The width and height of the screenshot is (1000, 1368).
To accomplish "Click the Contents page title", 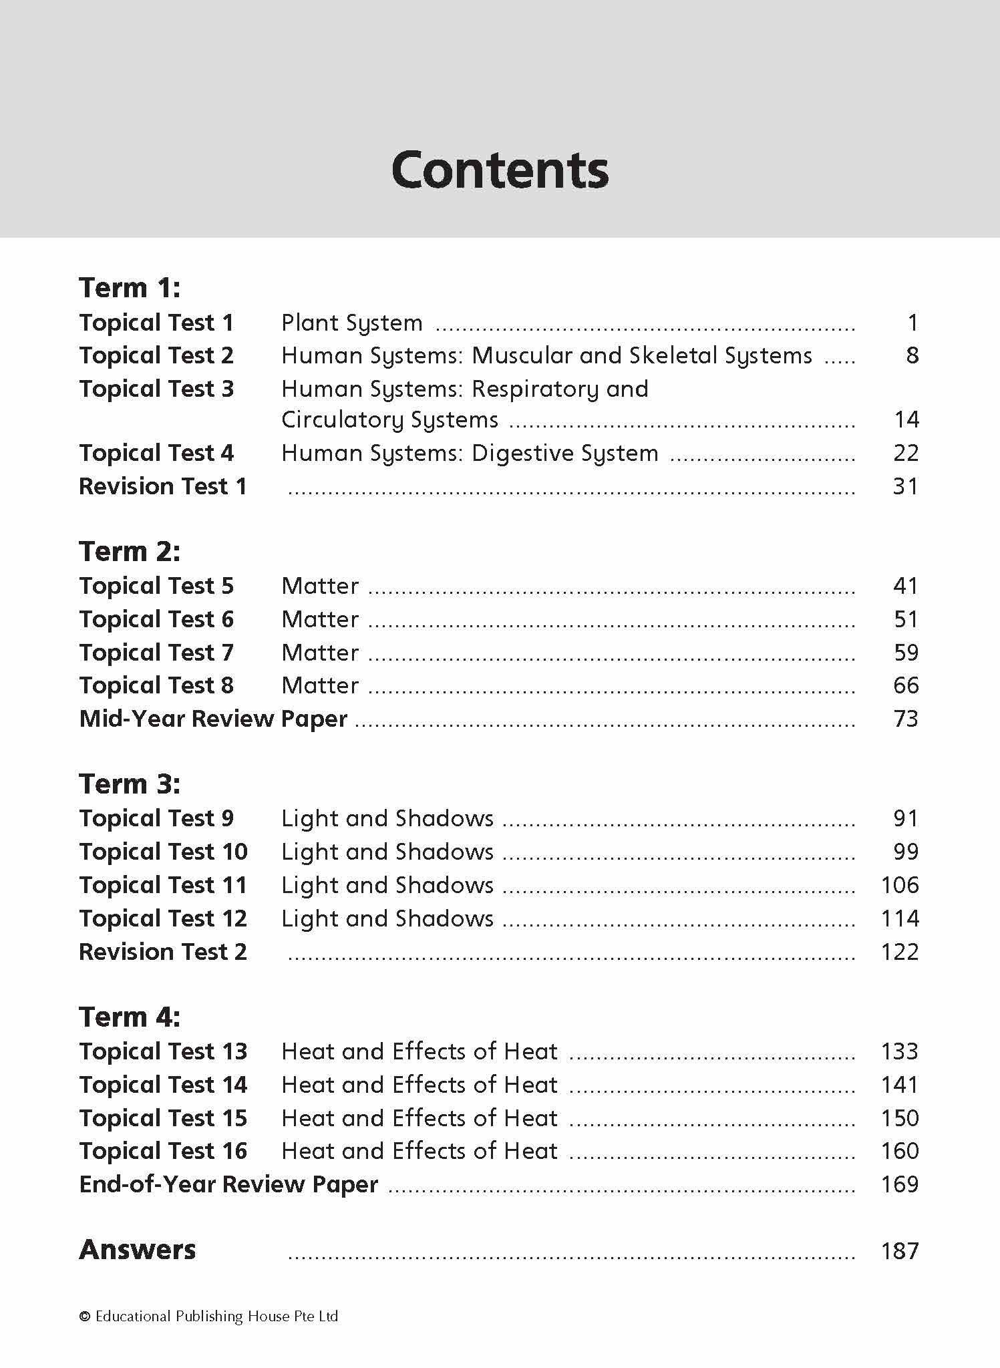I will tap(500, 170).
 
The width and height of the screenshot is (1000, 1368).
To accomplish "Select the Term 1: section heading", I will tap(130, 288).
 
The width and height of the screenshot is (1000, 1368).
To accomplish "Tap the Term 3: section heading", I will tap(130, 784).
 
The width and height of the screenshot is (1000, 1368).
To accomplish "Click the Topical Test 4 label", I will tap(156, 453).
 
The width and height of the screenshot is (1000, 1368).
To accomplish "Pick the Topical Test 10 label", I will tap(163, 852).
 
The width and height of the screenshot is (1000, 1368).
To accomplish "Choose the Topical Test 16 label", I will tap(163, 1151).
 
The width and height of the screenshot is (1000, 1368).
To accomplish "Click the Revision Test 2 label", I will tap(163, 952).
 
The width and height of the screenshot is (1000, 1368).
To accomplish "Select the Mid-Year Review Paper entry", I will tap(213, 719).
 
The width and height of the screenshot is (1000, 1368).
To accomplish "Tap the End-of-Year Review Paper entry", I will tap(228, 1184).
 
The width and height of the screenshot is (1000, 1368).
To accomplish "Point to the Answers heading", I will tap(138, 1250).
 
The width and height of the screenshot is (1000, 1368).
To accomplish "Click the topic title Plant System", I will tap(352, 323).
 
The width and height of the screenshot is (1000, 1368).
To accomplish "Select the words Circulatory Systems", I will tap(389, 420).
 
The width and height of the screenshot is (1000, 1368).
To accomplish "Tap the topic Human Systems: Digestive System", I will tap(470, 454).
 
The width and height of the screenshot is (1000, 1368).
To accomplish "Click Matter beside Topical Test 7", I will tap(320, 653).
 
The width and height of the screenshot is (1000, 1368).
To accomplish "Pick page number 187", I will tap(900, 1250).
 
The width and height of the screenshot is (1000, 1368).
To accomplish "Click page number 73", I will tap(906, 719).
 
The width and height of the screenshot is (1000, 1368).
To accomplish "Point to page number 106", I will tap(900, 885).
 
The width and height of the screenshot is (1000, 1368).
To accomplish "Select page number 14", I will tap(906, 420).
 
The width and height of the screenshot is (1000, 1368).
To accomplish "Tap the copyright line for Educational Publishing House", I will tap(208, 1317).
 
